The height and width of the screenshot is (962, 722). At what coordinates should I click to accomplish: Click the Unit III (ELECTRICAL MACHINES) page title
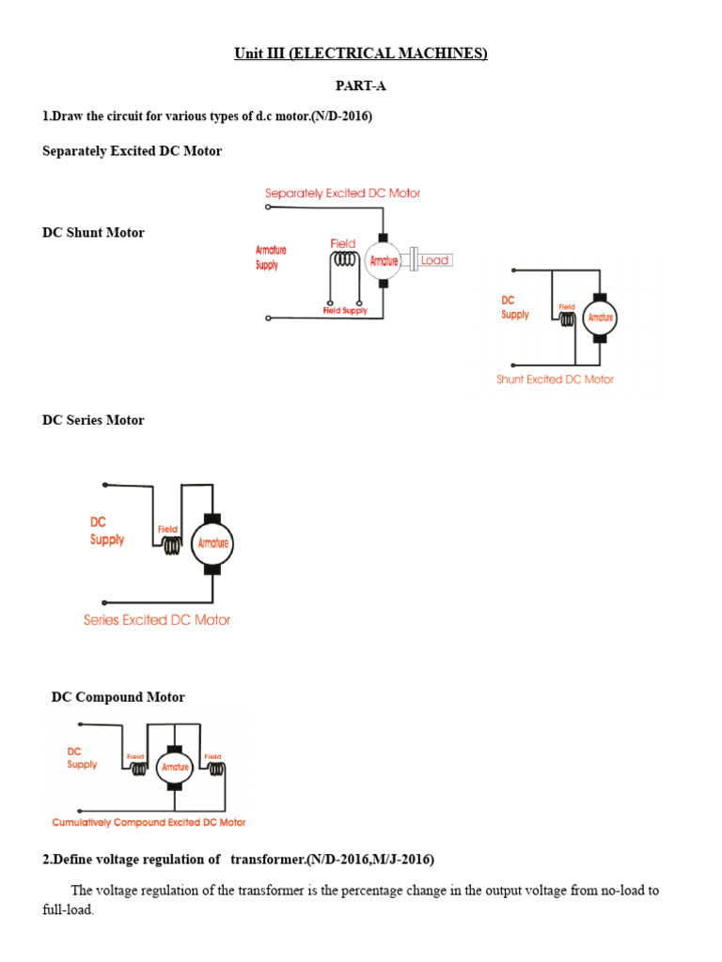click(x=361, y=54)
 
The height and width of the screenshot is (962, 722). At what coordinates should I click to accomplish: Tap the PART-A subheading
click(x=361, y=86)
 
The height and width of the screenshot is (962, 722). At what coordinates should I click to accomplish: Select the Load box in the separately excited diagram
click(x=434, y=260)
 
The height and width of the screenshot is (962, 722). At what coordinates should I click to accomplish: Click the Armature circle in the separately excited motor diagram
click(x=384, y=261)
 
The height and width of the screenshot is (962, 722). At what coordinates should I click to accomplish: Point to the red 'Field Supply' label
click(x=345, y=311)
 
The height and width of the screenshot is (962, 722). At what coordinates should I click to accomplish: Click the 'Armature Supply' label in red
click(x=272, y=257)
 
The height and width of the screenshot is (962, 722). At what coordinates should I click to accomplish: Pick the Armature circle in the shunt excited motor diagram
click(x=600, y=318)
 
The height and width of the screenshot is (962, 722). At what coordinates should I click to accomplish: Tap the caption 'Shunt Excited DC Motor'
click(x=555, y=380)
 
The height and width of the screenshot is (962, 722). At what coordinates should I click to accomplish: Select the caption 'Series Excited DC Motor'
click(x=157, y=620)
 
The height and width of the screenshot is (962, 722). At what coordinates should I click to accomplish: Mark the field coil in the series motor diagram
click(x=170, y=545)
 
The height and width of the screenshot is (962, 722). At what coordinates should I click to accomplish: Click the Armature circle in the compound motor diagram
click(x=174, y=767)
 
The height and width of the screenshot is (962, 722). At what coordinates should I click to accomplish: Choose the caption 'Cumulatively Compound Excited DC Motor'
click(x=149, y=822)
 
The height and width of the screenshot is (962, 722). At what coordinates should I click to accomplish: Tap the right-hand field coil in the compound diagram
click(x=215, y=769)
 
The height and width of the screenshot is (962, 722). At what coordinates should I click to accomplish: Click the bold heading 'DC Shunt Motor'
click(x=93, y=232)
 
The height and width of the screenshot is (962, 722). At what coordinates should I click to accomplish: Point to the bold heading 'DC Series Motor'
click(x=93, y=420)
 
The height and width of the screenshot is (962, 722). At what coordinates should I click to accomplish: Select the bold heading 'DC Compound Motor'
click(x=118, y=697)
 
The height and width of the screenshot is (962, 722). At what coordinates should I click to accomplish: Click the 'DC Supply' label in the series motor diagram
click(x=106, y=531)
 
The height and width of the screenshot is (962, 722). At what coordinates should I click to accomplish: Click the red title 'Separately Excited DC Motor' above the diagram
click(x=342, y=194)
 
